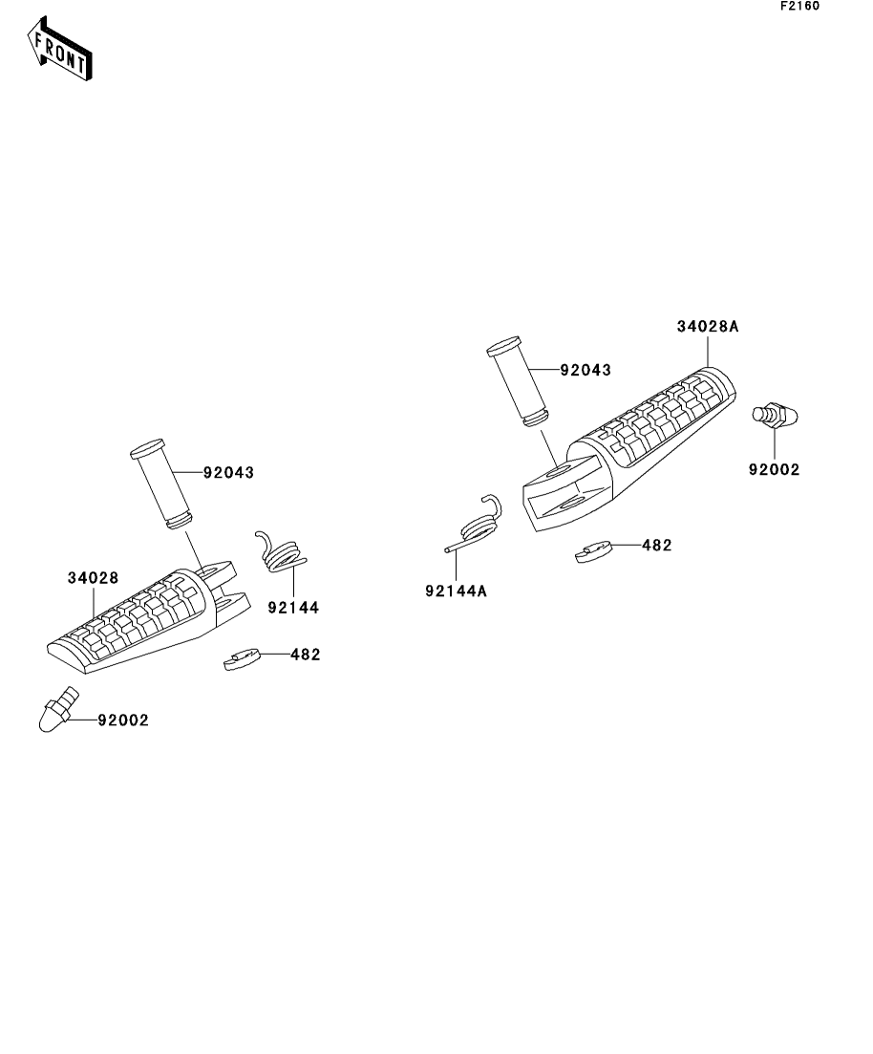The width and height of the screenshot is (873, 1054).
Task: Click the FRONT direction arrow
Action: tap(59, 49)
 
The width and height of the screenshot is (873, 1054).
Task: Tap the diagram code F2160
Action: tap(799, 6)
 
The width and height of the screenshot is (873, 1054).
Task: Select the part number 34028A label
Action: tap(707, 327)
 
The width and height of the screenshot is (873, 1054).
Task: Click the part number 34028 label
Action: tap(93, 578)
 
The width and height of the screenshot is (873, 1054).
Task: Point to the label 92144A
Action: tap(456, 591)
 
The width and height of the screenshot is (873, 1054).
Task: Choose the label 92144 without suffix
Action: tap(293, 608)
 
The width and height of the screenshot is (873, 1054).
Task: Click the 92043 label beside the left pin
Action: tap(228, 473)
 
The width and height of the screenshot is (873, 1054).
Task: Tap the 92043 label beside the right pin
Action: tap(586, 370)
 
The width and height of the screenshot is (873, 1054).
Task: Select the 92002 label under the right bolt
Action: tap(775, 470)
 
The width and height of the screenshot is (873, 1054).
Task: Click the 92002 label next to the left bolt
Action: tap(123, 720)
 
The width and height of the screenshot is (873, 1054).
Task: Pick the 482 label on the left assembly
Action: tap(305, 654)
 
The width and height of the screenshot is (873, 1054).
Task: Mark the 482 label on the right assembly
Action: tap(656, 545)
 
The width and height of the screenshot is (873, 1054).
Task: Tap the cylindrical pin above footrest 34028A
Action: tap(518, 381)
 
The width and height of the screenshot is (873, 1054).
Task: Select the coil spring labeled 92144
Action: tap(281, 552)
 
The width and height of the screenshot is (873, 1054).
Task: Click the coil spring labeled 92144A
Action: tap(475, 525)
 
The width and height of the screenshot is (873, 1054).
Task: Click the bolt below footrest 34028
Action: tap(58, 709)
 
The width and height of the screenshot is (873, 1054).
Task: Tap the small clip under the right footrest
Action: tap(593, 552)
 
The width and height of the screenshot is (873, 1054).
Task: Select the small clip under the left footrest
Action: tap(242, 660)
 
